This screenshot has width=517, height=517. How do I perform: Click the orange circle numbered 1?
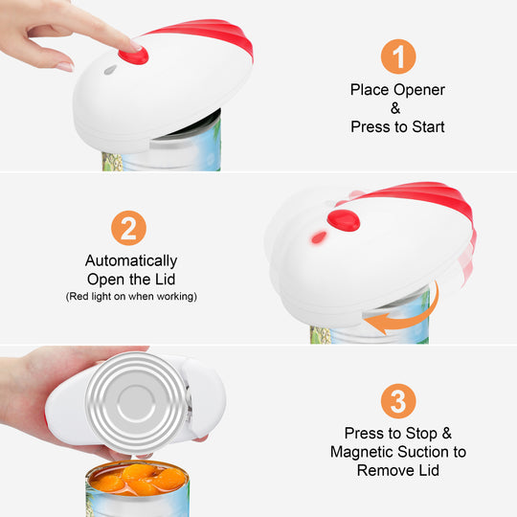(x=398, y=56)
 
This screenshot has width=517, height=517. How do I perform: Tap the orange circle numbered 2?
(x=128, y=228)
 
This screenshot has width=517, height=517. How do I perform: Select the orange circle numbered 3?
(x=398, y=401)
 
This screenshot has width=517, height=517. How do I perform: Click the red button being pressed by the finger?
(x=133, y=56)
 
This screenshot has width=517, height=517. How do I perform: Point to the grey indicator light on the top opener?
(x=110, y=70)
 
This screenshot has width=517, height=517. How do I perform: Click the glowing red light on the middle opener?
(x=319, y=237)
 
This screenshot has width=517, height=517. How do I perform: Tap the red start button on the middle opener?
(x=344, y=220)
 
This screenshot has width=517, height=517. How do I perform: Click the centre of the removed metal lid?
(x=136, y=402)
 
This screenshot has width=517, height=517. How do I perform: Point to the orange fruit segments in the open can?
(x=139, y=479)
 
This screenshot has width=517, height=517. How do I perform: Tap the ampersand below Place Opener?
(x=395, y=108)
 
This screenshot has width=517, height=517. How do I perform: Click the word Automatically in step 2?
(x=131, y=261)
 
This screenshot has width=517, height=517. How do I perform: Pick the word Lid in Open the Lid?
(x=165, y=280)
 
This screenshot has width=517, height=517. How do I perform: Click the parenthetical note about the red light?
(x=131, y=297)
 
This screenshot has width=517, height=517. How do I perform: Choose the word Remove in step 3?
(x=386, y=470)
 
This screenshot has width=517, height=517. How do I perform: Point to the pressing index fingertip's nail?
(x=135, y=46)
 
